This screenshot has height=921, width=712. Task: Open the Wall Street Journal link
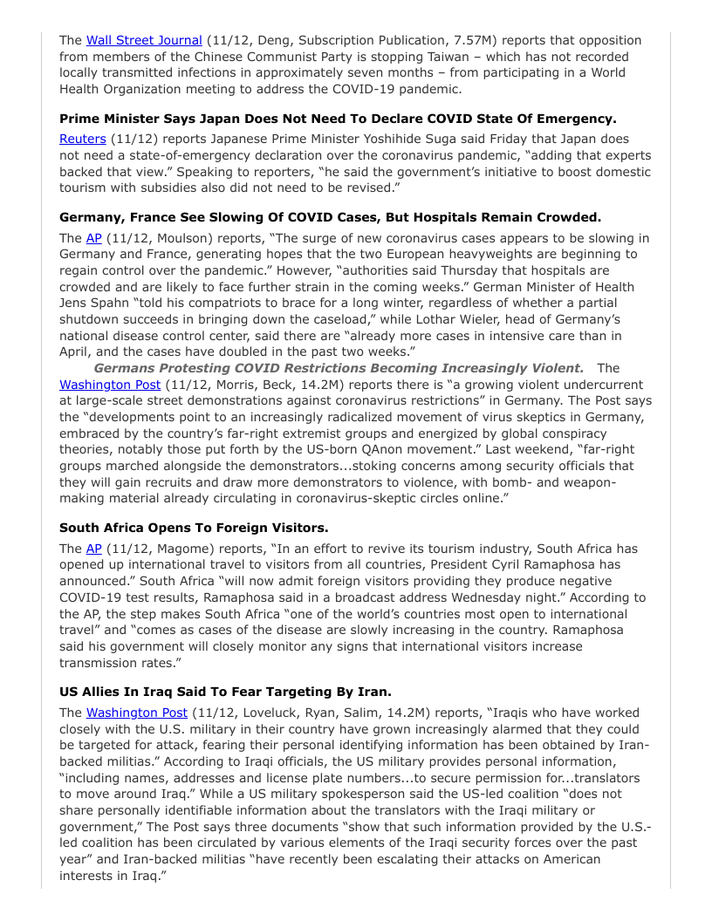coord(144,40)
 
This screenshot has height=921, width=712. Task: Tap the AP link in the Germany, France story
coord(94,238)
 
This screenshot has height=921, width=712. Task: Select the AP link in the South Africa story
coord(94,549)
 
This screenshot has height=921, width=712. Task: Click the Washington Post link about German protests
coord(110,385)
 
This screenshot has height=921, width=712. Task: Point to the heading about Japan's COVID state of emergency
coord(338,119)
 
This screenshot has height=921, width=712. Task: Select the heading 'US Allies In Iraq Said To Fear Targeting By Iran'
coord(225,692)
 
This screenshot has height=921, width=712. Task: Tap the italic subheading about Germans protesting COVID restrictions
coord(339,368)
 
